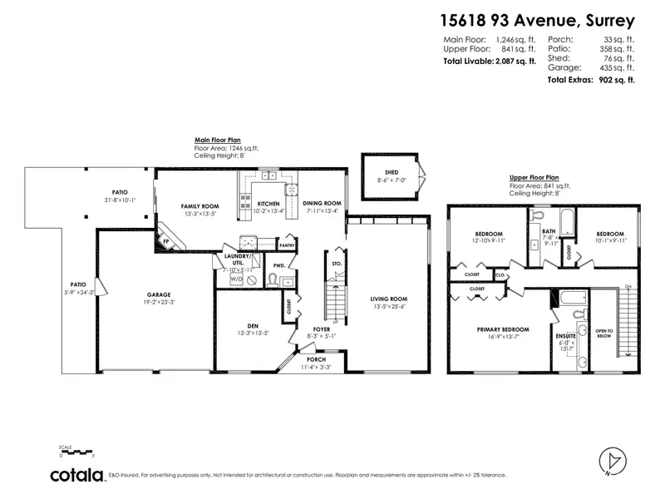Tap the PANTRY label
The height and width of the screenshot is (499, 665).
[288, 245]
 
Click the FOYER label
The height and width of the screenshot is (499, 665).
[322, 329]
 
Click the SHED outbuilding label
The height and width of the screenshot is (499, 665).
[391, 172]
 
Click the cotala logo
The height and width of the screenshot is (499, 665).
[76, 475]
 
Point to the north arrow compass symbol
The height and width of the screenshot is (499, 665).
[611, 462]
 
